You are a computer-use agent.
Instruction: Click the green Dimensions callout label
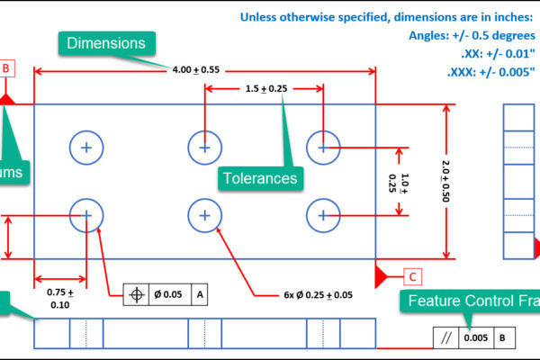coord(107,43)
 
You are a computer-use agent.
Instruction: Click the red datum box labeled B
coord(5,68)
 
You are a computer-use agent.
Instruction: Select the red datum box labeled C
coord(411,276)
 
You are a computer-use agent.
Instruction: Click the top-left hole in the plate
coord(86,147)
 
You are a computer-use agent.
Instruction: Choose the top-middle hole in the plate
coord(205,147)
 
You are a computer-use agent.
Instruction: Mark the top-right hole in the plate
coord(323,147)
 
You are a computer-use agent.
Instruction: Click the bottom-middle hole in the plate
coord(205,215)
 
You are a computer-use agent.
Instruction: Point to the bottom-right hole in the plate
coord(323,215)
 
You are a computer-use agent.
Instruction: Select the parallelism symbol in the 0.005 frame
coord(444,338)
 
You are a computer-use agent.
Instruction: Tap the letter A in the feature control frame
coord(200,293)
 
